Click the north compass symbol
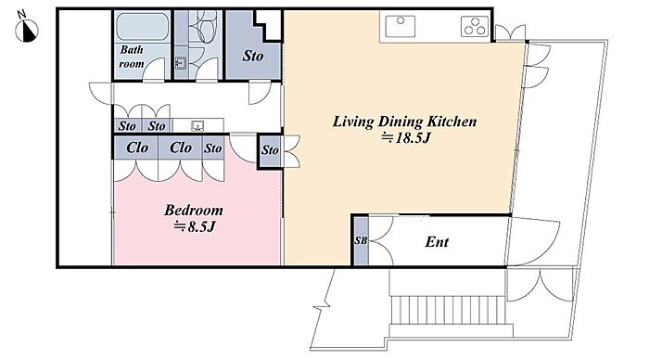pyautogui.click(x=27, y=30)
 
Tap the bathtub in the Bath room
pyautogui.click(x=142, y=27)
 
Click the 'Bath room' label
pyautogui.click(x=132, y=57)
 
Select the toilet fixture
pyautogui.click(x=206, y=26)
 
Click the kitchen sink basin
pyautogui.click(x=401, y=27)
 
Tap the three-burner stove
pyautogui.click(x=475, y=26)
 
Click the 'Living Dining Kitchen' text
pyautogui.click(x=404, y=122)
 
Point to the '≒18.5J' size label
pyautogui.click(x=406, y=137)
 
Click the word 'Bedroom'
pyautogui.click(x=193, y=210)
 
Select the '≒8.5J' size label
pyautogui.click(x=195, y=226)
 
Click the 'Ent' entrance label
pyautogui.click(x=437, y=241)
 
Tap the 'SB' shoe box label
pyautogui.click(x=361, y=240)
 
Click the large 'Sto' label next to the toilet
pyautogui.click(x=253, y=56)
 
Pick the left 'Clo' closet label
pyautogui.click(x=137, y=148)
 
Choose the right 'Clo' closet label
pyautogui.click(x=181, y=148)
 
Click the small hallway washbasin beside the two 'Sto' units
pyautogui.click(x=197, y=126)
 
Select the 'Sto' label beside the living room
pyautogui.click(x=270, y=150)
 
